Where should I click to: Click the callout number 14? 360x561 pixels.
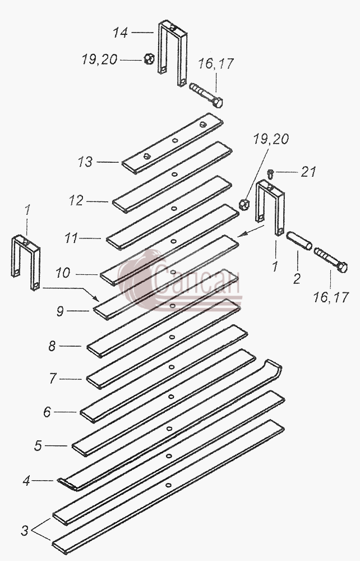[x=121, y=33]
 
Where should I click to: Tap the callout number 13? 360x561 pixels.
[x=85, y=162]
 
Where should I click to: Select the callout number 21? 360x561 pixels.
[x=308, y=172]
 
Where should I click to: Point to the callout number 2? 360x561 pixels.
[x=297, y=279]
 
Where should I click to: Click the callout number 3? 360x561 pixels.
[x=24, y=531]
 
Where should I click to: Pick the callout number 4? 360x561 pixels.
[x=26, y=481]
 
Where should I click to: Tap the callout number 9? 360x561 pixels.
[x=60, y=311]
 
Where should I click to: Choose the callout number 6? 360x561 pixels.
[x=47, y=412]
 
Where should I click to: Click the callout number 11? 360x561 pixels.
[x=71, y=238]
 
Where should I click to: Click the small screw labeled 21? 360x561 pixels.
[x=271, y=174]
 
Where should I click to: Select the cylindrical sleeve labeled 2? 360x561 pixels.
[x=299, y=241]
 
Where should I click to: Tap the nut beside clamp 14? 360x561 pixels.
[x=149, y=59]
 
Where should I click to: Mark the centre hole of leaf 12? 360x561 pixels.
[x=174, y=174]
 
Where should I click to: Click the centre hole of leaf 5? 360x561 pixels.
[x=169, y=428]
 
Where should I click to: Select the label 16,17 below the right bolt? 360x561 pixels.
[x=331, y=297]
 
